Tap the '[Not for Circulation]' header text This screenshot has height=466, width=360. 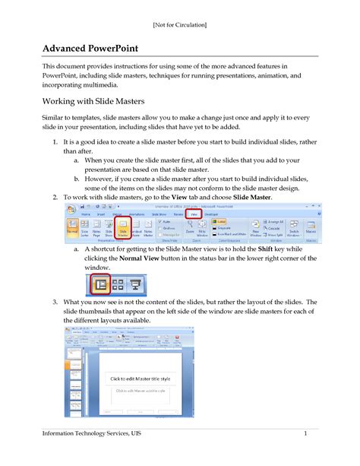click(179, 26)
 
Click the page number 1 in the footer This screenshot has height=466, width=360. click(305, 433)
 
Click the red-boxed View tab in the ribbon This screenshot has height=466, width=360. click(194, 214)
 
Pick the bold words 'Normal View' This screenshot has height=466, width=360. click(143, 258)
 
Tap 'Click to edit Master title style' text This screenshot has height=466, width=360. click(152, 379)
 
